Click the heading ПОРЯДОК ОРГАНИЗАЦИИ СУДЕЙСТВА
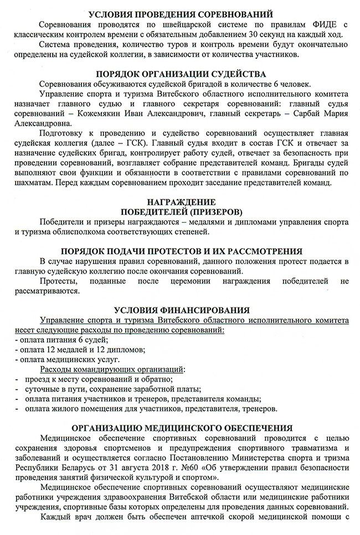tap(181, 73)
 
